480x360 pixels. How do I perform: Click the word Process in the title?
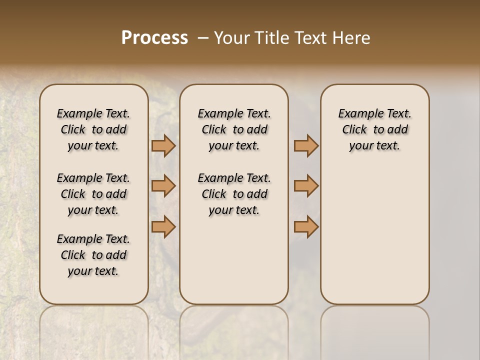154,37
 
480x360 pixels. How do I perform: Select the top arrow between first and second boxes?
163,146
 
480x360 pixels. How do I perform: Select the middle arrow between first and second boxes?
163,186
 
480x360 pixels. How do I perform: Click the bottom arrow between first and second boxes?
163,226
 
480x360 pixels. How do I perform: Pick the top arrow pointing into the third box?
306,146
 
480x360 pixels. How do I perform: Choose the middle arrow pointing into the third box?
306,186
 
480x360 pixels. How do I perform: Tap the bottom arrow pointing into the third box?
306,226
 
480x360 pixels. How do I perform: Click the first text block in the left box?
93,129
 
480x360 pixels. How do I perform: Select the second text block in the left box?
93,194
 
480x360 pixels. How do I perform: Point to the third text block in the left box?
93,255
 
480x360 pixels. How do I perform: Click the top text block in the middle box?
234,129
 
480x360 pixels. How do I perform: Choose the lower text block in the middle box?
234,194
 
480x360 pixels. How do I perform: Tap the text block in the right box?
374,129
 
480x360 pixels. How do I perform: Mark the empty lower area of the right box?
374,235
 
